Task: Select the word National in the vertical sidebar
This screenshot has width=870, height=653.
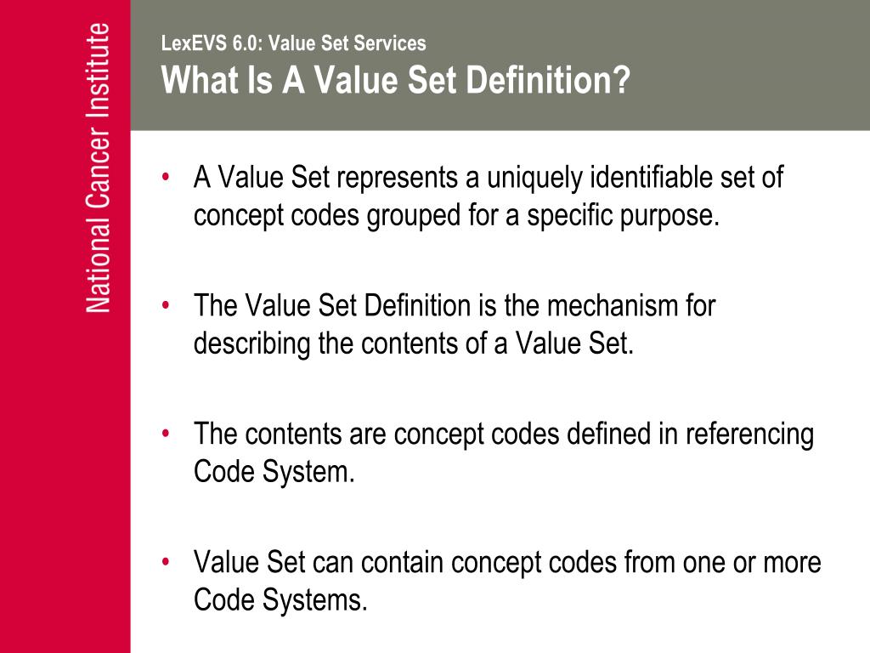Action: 99,271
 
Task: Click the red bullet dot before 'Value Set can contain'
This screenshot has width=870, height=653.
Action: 167,562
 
